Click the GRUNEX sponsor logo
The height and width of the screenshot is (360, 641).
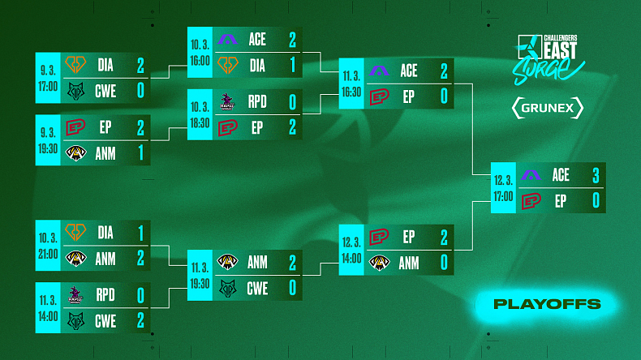point(548,108)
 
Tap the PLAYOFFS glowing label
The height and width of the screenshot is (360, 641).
point(547,304)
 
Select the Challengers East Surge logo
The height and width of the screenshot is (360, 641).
point(549,59)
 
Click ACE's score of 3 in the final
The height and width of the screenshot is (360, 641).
point(596,175)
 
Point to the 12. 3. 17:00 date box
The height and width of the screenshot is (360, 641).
point(503,187)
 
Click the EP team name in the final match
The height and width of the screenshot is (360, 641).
point(561,201)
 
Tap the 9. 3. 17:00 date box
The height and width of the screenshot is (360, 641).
point(48,78)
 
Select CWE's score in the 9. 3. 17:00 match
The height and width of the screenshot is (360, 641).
point(140,91)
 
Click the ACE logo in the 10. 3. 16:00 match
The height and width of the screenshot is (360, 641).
point(227,40)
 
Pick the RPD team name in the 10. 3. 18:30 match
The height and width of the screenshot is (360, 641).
point(257,101)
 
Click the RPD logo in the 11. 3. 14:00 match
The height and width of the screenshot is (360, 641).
point(75,295)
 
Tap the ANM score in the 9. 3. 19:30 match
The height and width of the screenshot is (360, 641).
point(140,152)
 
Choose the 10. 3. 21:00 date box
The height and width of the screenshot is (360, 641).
point(48,245)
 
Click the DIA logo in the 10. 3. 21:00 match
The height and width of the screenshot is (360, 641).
point(75,233)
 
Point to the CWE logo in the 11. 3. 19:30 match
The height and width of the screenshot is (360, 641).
point(228,289)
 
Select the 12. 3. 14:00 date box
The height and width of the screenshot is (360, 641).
point(351,250)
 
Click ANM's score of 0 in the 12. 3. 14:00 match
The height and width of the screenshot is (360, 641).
point(444,263)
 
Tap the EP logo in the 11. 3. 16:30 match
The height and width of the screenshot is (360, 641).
point(379,97)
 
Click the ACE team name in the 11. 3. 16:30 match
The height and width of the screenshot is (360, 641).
point(409,71)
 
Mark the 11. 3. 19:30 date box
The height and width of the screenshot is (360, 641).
point(200,275)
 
